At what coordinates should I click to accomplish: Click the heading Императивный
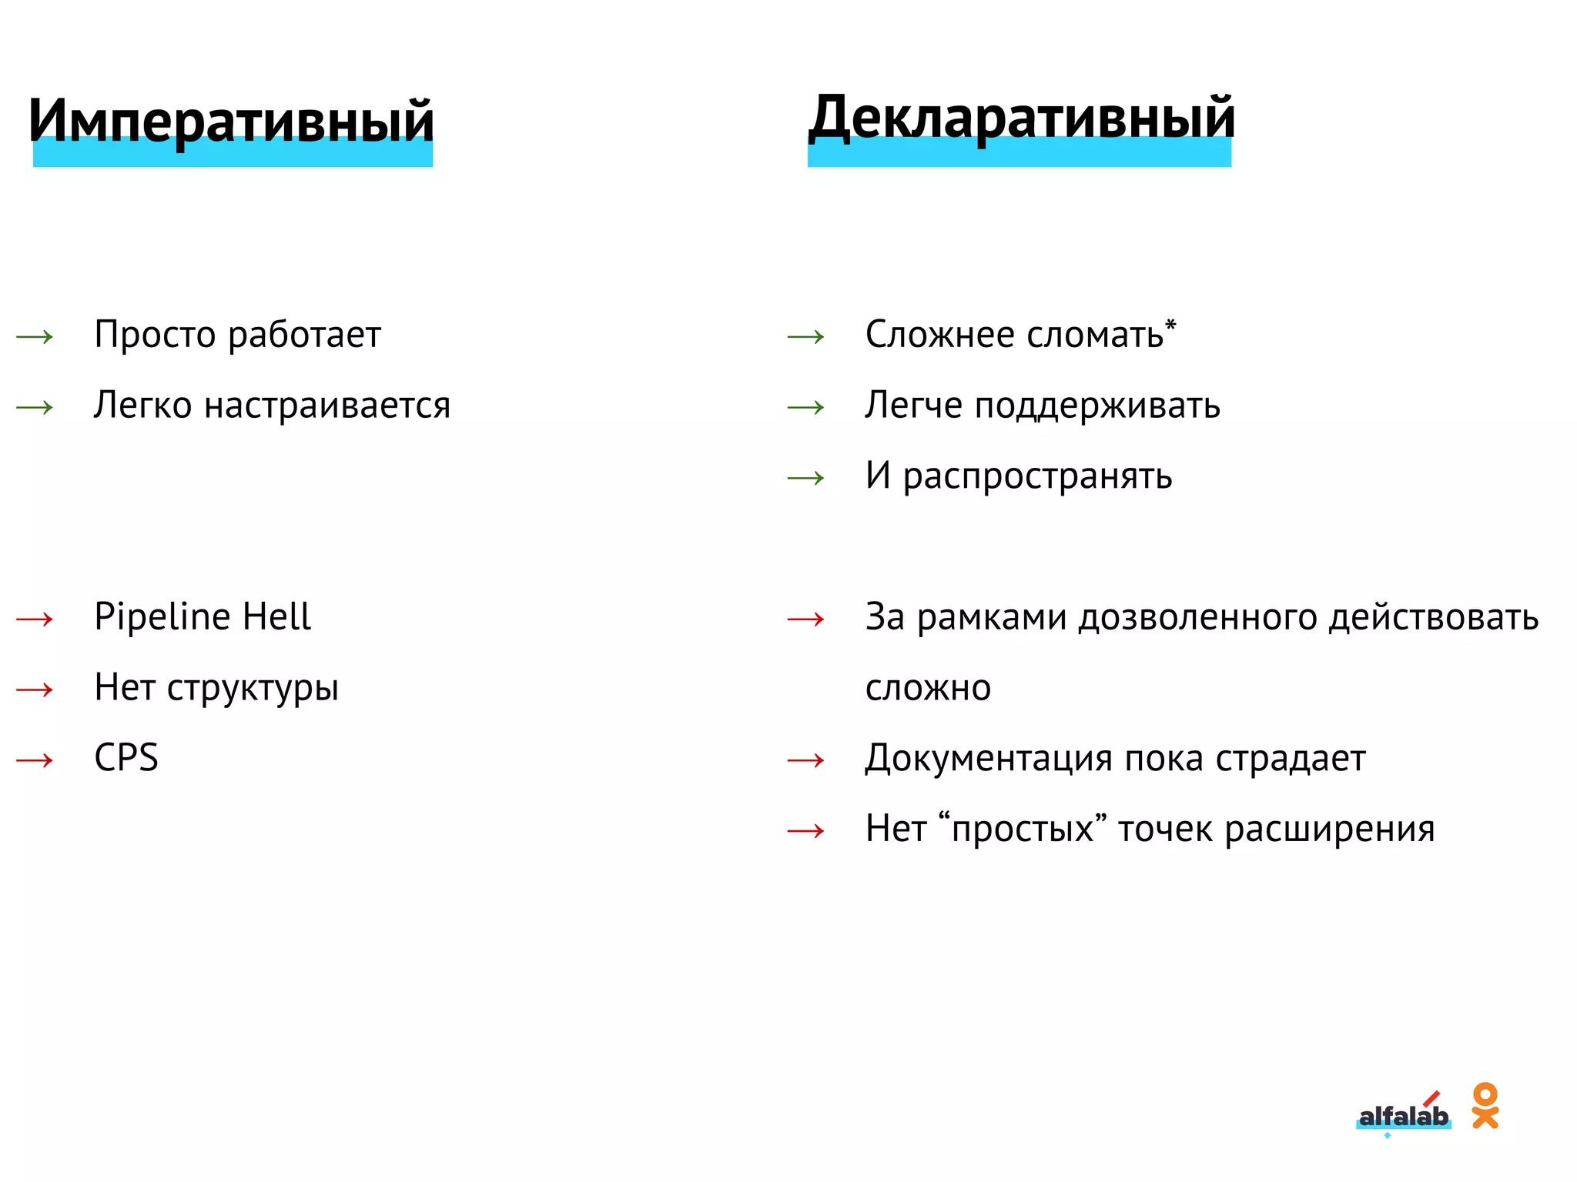pos(231,122)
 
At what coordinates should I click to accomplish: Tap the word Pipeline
pos(162,617)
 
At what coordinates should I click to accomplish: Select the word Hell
pos(276,616)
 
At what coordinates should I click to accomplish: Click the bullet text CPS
pos(126,758)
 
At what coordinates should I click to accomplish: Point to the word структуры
pos(253,688)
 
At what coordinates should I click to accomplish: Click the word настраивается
pos(326,406)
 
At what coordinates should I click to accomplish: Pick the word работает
pos(304,336)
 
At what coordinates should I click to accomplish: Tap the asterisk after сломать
pos(1170,325)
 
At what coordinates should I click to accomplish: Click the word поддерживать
pos(1097,406)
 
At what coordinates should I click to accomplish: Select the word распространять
pos(1037,476)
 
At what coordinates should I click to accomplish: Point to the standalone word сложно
pos(928,688)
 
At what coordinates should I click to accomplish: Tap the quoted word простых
pos(1023,830)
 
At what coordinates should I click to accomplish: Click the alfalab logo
pos(1403,1116)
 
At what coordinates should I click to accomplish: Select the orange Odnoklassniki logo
pos(1485,1106)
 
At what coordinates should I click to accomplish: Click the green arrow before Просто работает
pos(35,336)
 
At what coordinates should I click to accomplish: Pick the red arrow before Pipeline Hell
pos(35,619)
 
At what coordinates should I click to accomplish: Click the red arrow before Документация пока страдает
pos(806,760)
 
